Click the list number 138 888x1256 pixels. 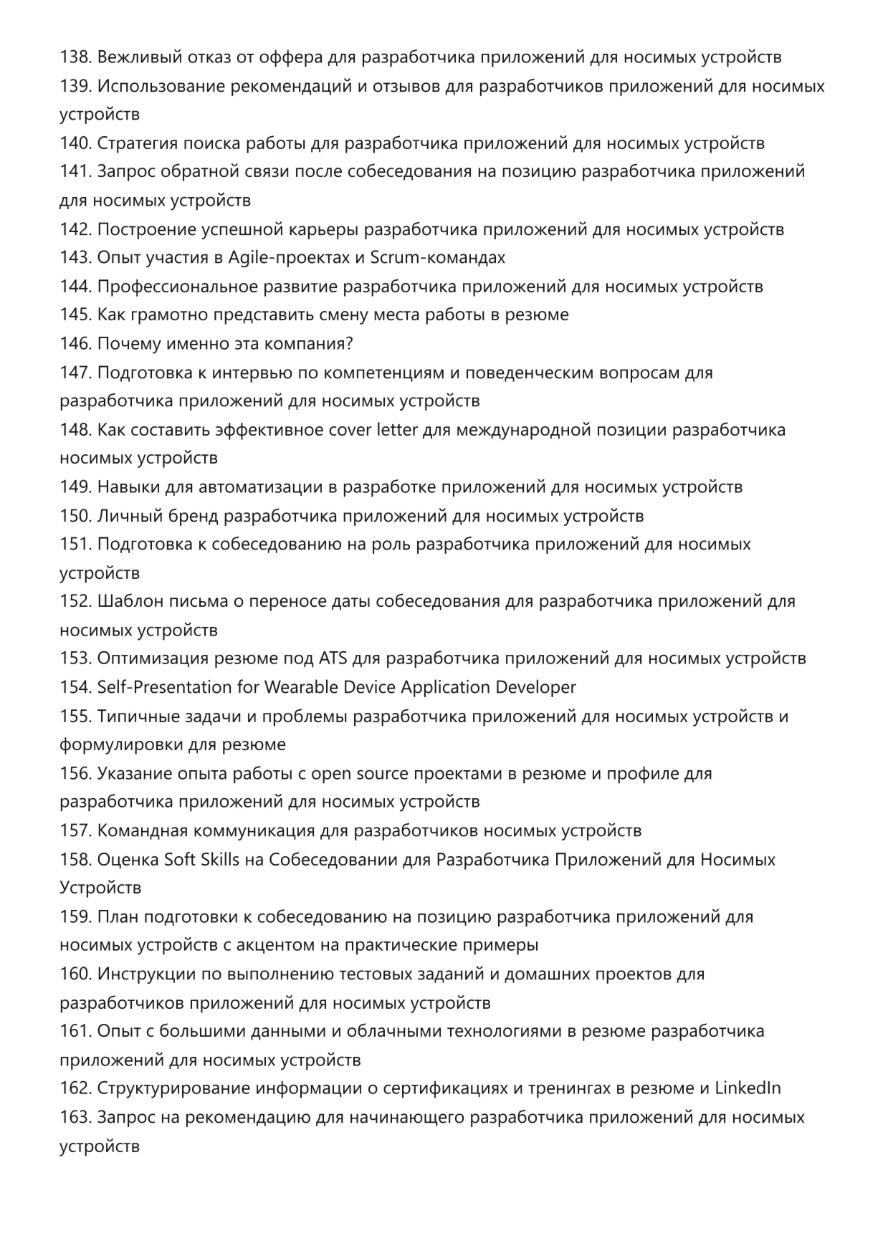tap(75, 57)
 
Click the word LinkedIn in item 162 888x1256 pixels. tap(748, 1088)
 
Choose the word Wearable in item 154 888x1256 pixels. tap(300, 687)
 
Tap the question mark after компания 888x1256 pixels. tap(349, 344)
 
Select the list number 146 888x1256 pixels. tap(75, 344)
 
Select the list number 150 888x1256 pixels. tap(75, 516)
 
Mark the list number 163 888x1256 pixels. tap(75, 1118)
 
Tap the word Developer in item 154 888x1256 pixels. tap(538, 687)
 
